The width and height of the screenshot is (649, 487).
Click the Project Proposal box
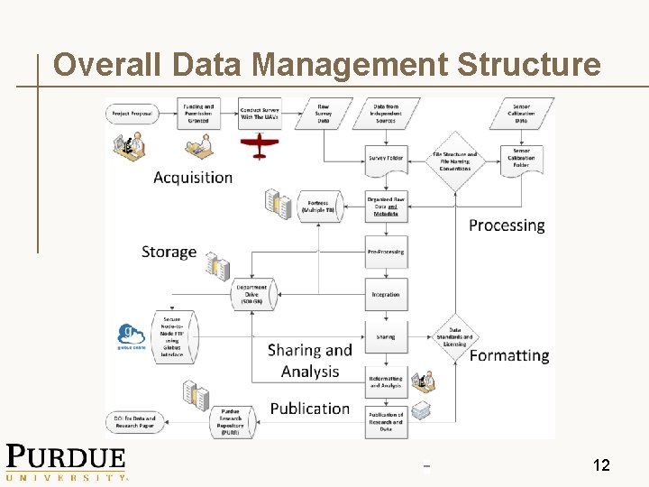point(132,114)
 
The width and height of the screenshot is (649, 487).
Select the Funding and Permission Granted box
point(198,114)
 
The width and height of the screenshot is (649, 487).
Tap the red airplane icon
point(260,144)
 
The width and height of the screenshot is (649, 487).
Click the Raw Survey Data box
point(323,113)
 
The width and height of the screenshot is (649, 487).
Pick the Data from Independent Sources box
point(386,113)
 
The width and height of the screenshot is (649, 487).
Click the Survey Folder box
point(386,159)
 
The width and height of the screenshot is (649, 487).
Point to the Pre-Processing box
point(386,252)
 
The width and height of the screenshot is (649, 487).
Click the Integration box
point(386,295)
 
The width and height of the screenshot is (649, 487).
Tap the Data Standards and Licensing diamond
point(455,337)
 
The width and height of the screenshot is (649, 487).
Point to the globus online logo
point(132,335)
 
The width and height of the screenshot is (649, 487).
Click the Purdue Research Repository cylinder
point(232,421)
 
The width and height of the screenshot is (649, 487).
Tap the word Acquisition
point(193,178)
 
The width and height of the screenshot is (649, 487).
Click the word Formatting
point(509,355)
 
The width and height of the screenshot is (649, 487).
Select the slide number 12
point(601,465)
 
